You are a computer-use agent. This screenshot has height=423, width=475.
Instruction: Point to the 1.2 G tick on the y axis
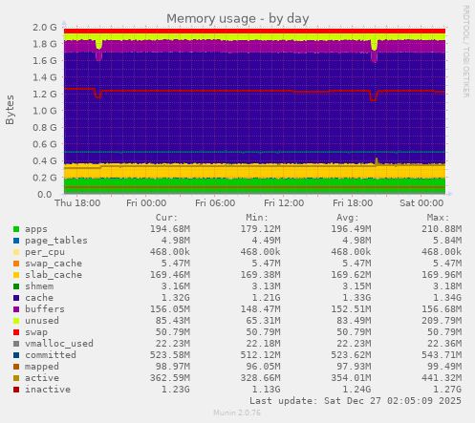pos(44,95)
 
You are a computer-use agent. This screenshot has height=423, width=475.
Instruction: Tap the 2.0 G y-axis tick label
pos(44,28)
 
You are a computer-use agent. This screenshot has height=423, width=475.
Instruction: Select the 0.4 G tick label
pos(44,161)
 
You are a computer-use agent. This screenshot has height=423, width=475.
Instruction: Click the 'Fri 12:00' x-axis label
pos(284,202)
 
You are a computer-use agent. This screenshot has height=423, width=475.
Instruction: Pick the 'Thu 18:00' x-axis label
pos(77,202)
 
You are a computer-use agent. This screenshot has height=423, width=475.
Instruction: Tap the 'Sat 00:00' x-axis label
pos(421,202)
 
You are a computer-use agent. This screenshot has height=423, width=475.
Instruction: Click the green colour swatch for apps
pos(16,229)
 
